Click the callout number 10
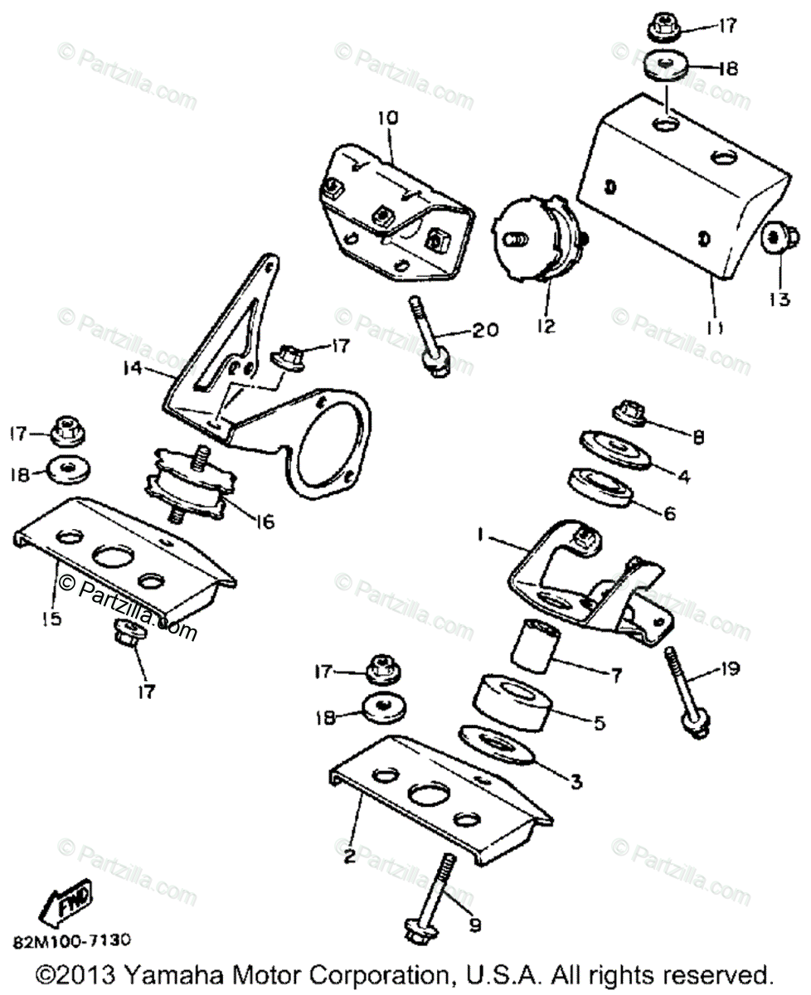coord(387,119)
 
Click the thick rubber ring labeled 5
coord(512,703)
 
